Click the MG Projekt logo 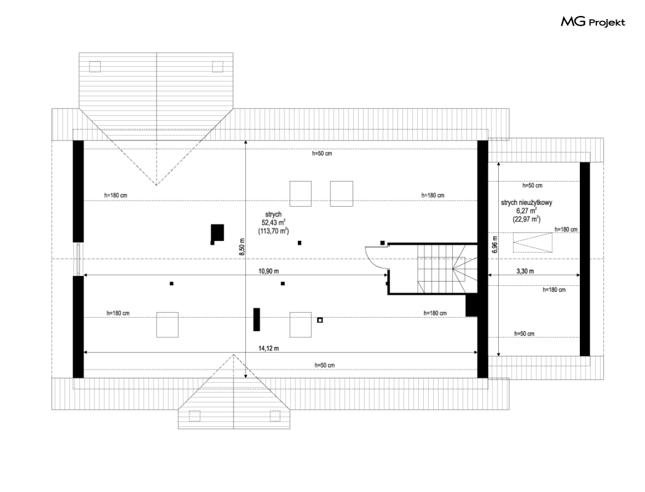click(593, 21)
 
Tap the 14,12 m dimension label click(268, 348)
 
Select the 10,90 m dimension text click(268, 271)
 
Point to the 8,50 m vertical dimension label click(242, 247)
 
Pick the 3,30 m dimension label click(525, 271)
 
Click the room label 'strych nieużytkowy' click(526, 202)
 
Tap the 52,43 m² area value click(273, 223)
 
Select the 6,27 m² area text click(526, 210)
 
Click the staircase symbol click(448, 269)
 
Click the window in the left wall click(78, 259)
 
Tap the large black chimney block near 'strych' click(217, 233)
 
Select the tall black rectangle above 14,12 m click(257, 320)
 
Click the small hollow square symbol click(320, 320)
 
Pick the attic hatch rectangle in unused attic click(533, 243)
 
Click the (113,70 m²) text click(273, 231)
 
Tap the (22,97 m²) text click(526, 219)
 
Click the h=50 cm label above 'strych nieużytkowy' click(533, 186)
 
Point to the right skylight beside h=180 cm click(342, 194)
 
